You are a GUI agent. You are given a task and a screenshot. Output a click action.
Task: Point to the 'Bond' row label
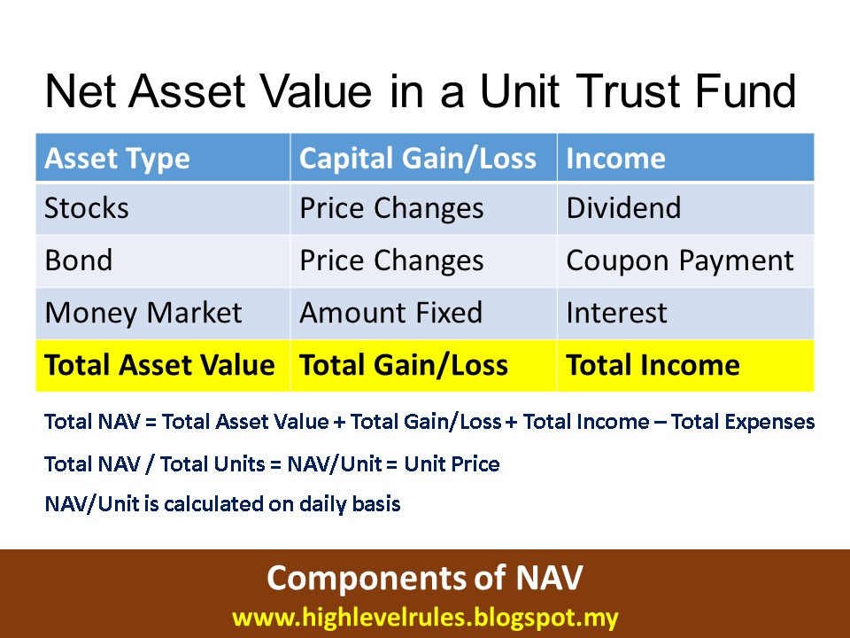pyautogui.click(x=79, y=261)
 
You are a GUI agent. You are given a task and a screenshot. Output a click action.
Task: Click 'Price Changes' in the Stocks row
pyautogui.click(x=391, y=209)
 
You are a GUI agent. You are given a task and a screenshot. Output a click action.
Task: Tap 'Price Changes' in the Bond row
pyautogui.click(x=391, y=261)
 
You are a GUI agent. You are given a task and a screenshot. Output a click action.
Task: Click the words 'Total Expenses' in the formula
pyautogui.click(x=743, y=422)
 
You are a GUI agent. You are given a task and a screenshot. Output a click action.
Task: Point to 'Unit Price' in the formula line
pyautogui.click(x=452, y=464)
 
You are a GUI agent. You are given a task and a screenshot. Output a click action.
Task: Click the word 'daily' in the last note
pyautogui.click(x=323, y=504)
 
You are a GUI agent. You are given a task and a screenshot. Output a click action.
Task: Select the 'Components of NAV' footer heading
pyautogui.click(x=424, y=578)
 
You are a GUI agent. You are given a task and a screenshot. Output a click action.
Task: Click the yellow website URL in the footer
pyautogui.click(x=425, y=618)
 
